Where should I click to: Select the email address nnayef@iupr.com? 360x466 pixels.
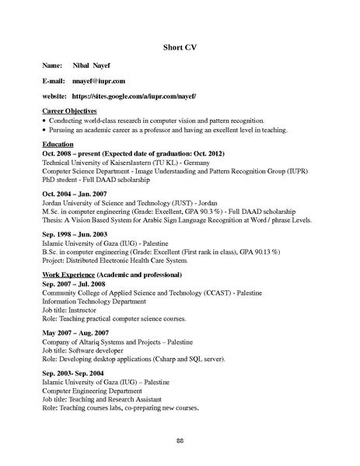(x=98, y=80)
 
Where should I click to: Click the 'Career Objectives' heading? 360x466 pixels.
(x=69, y=112)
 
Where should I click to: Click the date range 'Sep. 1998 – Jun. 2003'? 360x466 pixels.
(x=74, y=233)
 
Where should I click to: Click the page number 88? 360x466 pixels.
(x=180, y=440)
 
